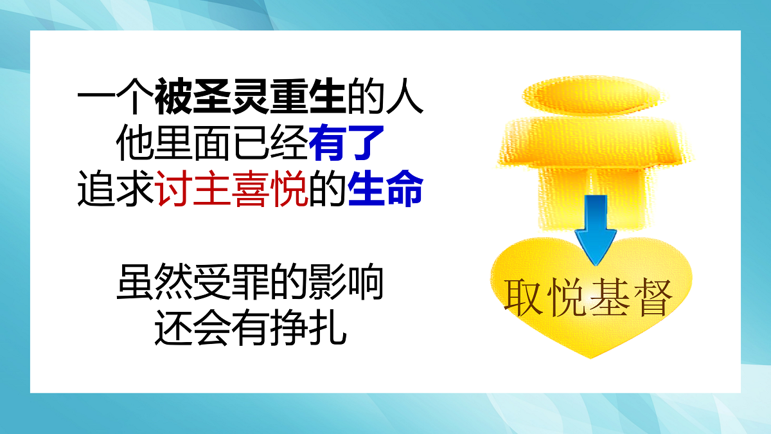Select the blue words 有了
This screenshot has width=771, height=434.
click(x=346, y=143)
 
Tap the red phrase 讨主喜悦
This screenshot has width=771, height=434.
click(x=231, y=189)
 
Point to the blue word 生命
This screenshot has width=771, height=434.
click(x=385, y=189)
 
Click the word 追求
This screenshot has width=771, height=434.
click(x=116, y=189)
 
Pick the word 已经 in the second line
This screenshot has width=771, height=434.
click(x=270, y=143)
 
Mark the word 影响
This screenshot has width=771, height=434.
click(x=346, y=282)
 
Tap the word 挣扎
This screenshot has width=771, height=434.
click(x=308, y=327)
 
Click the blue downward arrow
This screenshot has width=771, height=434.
click(x=596, y=230)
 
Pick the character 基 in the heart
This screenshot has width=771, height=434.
click(x=610, y=298)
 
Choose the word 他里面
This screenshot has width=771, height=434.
click(x=174, y=143)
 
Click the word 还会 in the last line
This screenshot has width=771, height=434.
click(x=193, y=327)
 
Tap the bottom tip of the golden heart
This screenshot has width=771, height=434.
click(x=590, y=358)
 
